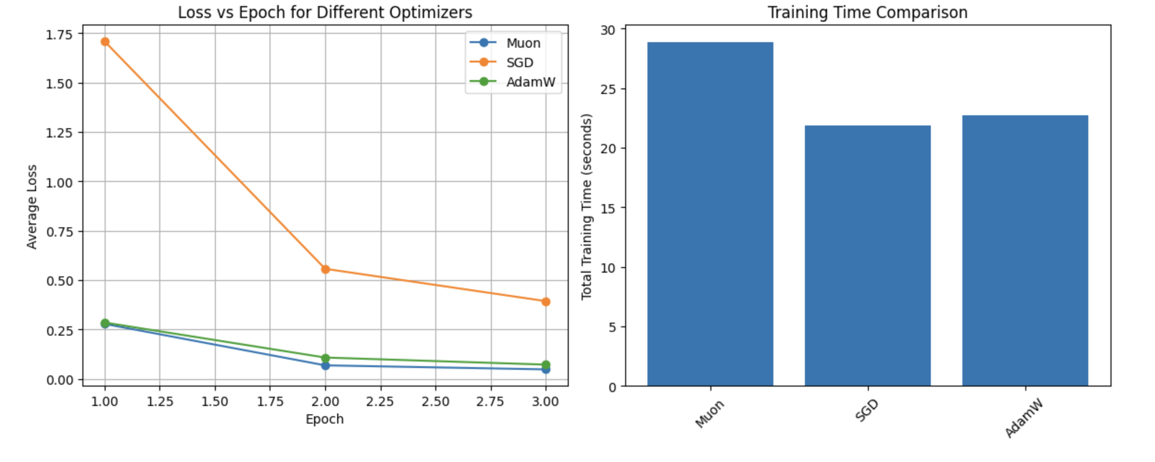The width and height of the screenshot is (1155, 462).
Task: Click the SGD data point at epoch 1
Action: [105, 42]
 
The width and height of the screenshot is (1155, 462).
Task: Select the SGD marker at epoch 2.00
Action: [325, 269]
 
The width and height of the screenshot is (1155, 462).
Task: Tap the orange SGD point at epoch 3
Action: [546, 301]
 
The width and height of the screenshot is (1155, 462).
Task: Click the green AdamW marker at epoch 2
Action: [325, 358]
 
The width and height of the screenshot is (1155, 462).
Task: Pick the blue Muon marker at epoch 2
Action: [325, 366]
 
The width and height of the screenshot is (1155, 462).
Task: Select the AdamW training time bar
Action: [1024, 250]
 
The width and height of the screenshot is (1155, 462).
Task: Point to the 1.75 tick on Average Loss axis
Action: [59, 35]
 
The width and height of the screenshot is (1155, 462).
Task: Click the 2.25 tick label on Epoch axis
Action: [380, 401]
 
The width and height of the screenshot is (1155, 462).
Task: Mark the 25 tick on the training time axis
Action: [608, 89]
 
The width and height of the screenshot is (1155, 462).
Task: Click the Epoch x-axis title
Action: [325, 419]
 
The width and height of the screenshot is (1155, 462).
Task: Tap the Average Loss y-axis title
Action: [31, 206]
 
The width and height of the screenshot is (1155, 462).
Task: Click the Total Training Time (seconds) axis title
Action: [586, 206]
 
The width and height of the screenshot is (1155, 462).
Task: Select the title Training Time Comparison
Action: [867, 12]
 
